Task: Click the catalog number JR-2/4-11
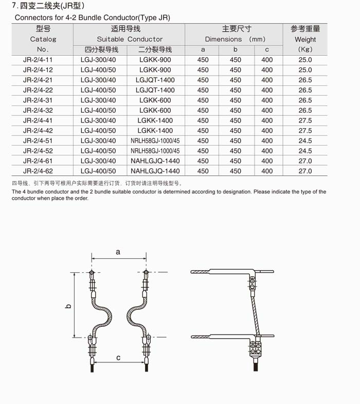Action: point(38,60)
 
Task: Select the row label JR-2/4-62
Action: point(38,171)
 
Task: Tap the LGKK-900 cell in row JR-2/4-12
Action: point(155,70)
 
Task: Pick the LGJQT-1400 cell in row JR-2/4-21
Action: point(155,80)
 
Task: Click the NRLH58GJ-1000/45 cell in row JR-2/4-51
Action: point(155,140)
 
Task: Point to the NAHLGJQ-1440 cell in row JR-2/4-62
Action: point(155,171)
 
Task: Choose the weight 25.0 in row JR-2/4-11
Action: point(305,60)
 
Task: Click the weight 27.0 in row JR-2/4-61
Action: point(305,161)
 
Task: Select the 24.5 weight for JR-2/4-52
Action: point(305,151)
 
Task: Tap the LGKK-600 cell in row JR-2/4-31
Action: point(155,100)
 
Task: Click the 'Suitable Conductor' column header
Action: point(130,39)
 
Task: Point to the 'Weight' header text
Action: point(305,39)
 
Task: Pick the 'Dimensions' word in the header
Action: point(223,39)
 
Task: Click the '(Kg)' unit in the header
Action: point(305,49)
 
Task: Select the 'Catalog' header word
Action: point(43,39)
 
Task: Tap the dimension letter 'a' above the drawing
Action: point(118,252)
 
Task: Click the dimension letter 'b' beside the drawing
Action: point(68,306)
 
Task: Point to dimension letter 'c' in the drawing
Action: point(118,358)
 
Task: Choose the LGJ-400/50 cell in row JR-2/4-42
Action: point(98,131)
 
